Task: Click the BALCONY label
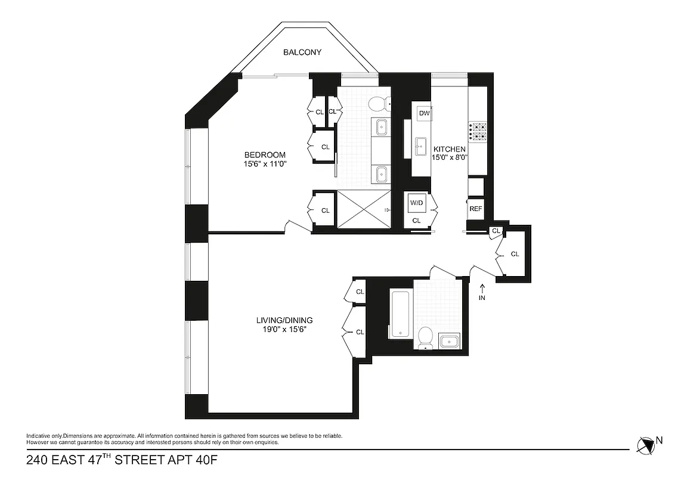pyautogui.click(x=302, y=52)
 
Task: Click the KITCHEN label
pyautogui.click(x=449, y=149)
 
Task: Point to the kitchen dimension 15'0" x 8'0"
pyautogui.click(x=450, y=158)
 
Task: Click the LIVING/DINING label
pyautogui.click(x=281, y=320)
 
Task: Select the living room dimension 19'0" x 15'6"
pyautogui.click(x=281, y=329)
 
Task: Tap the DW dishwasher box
pyautogui.click(x=425, y=113)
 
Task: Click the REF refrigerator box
pyautogui.click(x=475, y=209)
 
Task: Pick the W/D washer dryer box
pyautogui.click(x=416, y=203)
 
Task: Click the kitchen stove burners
pyautogui.click(x=478, y=131)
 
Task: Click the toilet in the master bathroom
pyautogui.click(x=378, y=104)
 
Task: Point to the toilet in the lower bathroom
pyautogui.click(x=425, y=337)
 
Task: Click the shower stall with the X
pyautogui.click(x=364, y=209)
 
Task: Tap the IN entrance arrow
pyautogui.click(x=482, y=292)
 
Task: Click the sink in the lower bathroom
pyautogui.click(x=448, y=342)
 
